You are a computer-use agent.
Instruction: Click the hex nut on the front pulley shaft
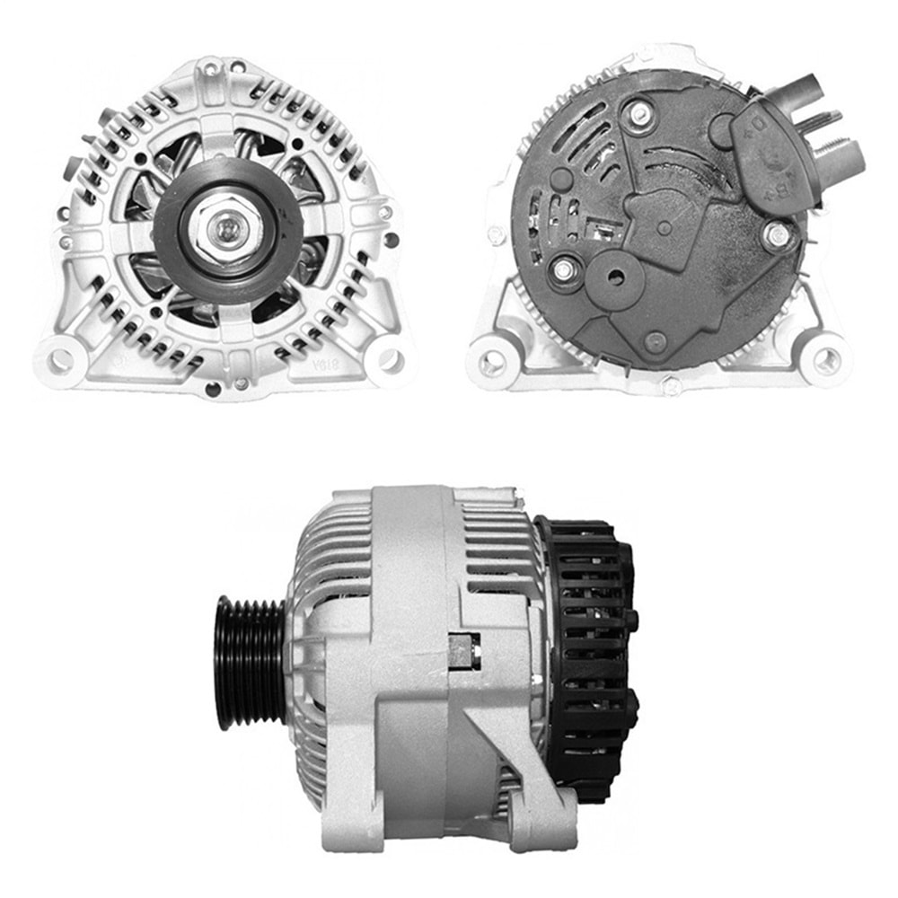[x=222, y=231]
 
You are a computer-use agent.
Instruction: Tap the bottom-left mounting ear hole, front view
[x=60, y=361]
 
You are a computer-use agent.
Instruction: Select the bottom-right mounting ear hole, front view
[x=390, y=360]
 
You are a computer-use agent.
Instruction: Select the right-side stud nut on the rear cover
[x=776, y=235]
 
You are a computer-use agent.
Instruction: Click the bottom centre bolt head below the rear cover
[x=670, y=386]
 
